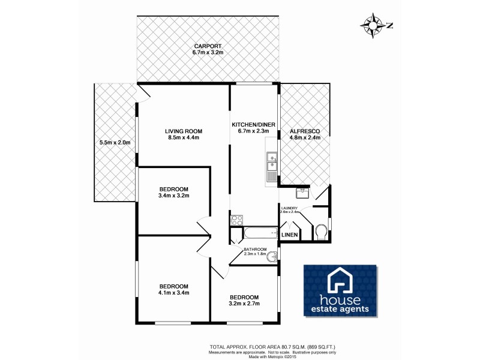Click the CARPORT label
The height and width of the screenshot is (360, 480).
(208, 46)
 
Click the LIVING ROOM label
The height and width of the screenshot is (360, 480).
(184, 130)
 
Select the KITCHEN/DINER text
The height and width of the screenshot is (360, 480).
(253, 124)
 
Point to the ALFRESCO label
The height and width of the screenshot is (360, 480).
(305, 130)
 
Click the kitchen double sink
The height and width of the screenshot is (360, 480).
(271, 163)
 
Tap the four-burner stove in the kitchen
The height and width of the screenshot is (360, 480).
(236, 220)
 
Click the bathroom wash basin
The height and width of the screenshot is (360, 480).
(273, 256)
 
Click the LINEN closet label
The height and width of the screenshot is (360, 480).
(290, 234)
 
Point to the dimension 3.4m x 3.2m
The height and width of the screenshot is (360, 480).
(174, 195)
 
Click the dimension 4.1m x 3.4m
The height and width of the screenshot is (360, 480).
(174, 293)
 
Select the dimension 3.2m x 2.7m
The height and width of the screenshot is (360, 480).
(244, 304)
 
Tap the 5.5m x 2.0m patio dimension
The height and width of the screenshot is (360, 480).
(115, 142)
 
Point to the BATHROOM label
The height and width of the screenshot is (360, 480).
(255, 248)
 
